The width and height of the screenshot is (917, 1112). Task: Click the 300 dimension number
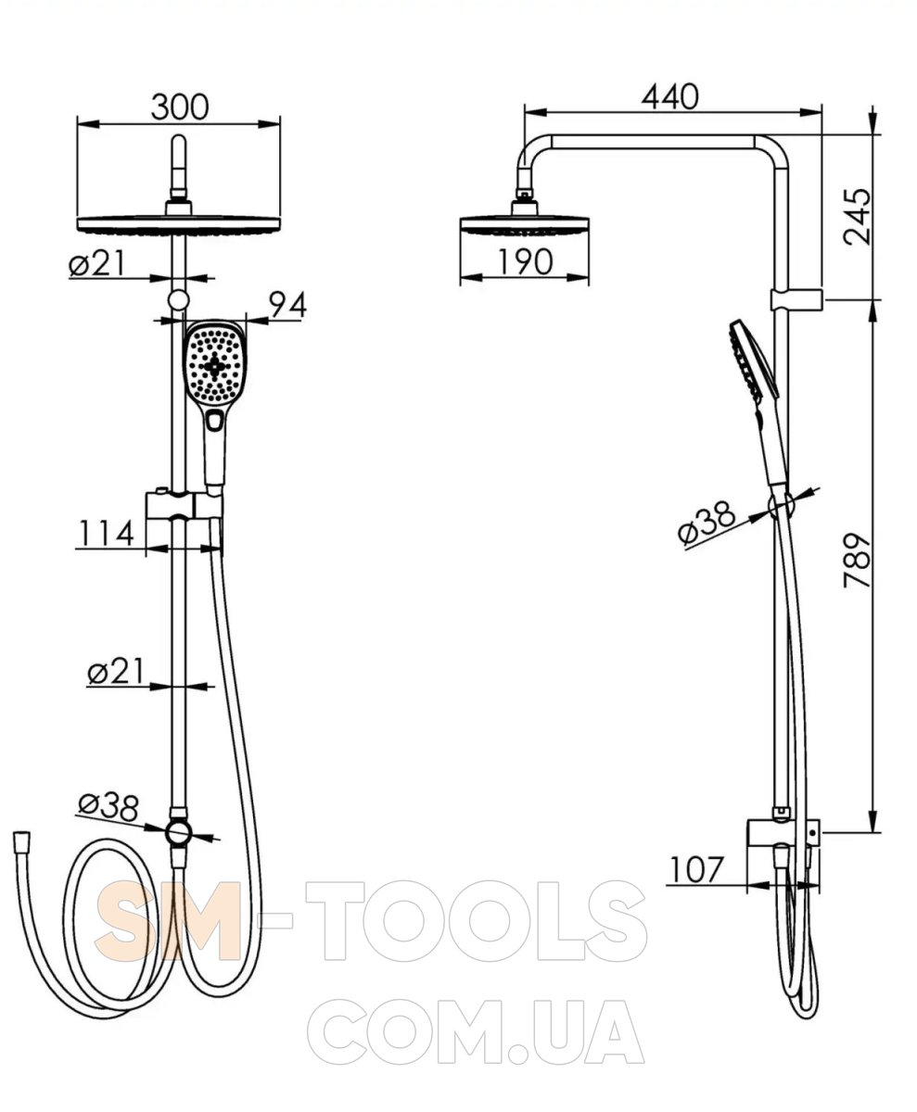[180, 107]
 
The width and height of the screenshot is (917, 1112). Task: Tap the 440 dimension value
[669, 97]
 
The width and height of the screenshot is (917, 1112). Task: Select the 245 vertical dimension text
[858, 216]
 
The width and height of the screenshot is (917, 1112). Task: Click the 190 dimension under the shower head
[526, 262]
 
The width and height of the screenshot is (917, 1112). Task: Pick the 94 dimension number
[287, 305]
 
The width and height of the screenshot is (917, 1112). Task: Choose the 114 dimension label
[106, 533]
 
